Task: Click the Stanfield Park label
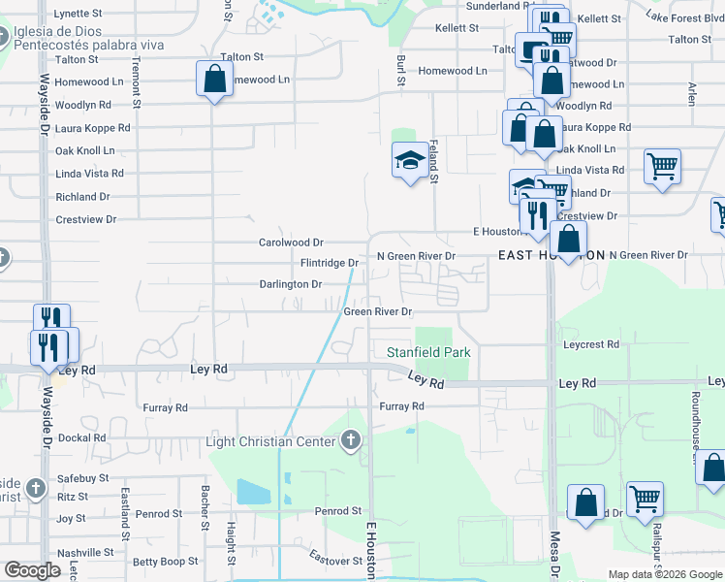(428, 352)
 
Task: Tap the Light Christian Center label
(271, 442)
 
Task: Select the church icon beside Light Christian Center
(351, 442)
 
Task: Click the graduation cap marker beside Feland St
(409, 160)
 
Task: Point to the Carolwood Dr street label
(291, 242)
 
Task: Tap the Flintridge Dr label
(330, 263)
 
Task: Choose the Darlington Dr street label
(290, 284)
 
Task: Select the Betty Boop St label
(165, 562)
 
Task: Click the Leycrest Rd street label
(590, 344)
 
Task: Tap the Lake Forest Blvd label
(683, 17)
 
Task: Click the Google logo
(32, 570)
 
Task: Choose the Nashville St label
(85, 552)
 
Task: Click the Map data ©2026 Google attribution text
(664, 574)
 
